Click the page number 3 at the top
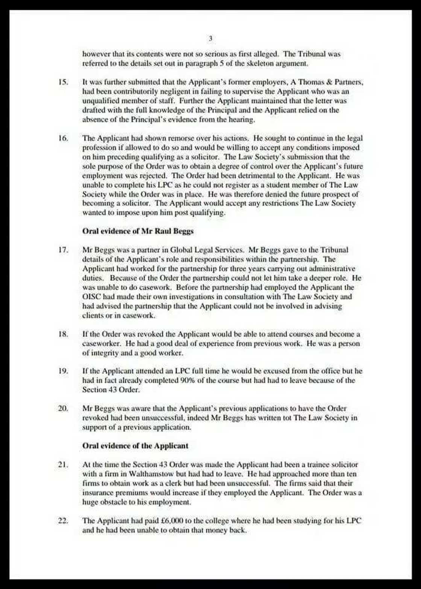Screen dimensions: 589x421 coord(210,38)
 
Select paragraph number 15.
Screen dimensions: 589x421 coord(63,82)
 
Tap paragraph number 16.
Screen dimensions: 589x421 coord(63,138)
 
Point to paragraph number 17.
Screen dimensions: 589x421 coord(63,250)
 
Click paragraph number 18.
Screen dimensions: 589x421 coord(63,334)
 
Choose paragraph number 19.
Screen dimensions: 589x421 coord(63,371)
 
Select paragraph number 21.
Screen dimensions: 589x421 coord(63,465)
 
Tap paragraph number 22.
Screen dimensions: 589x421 coord(63,521)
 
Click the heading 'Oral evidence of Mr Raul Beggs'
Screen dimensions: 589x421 coord(138,231)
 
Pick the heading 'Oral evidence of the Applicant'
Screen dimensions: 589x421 coord(135,446)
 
